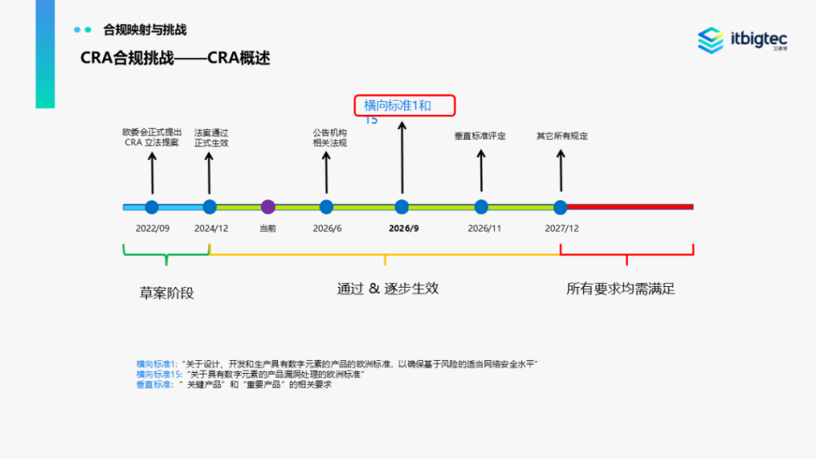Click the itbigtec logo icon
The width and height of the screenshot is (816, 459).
point(711,40)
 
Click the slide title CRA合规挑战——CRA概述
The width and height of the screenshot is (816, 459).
point(175,58)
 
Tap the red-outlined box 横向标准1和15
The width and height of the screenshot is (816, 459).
point(404,106)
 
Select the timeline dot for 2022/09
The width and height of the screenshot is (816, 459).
point(152,207)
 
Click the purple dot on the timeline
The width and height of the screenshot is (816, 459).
point(268,207)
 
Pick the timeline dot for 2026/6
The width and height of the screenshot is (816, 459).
point(326,207)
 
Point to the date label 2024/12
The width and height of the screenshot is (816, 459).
point(211,228)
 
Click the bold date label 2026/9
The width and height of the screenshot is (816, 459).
point(404,228)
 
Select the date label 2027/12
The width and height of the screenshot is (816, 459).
point(562,228)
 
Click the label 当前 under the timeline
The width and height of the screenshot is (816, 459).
point(268,228)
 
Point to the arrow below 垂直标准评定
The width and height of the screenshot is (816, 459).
point(481,169)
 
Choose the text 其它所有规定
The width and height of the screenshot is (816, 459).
point(562,136)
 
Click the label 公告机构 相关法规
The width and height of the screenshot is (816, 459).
point(329,138)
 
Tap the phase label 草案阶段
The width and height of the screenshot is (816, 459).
point(167,291)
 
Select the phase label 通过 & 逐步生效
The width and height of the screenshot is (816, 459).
point(387,288)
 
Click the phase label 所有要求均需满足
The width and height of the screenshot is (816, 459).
point(621,288)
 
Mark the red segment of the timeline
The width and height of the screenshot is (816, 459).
point(630,207)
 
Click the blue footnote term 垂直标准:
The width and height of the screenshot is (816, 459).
point(155,385)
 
